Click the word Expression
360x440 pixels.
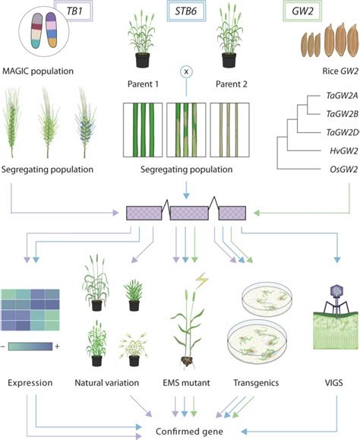coord(31,384)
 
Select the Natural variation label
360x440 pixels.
coord(113,384)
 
